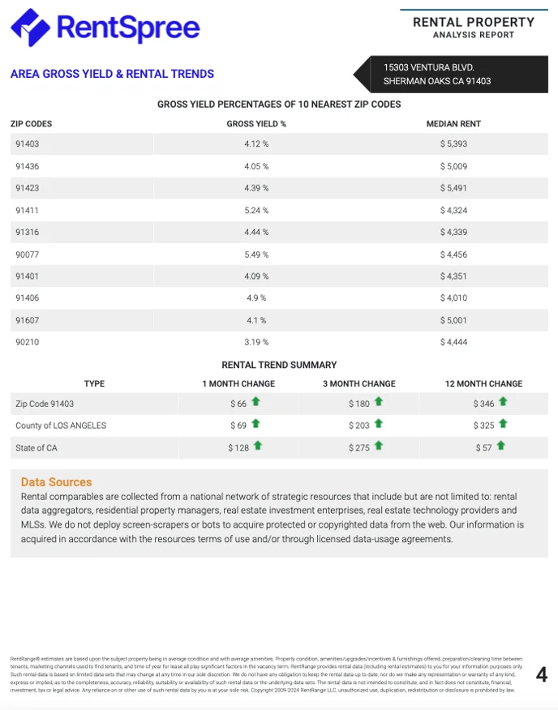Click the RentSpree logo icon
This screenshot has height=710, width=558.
point(29,27)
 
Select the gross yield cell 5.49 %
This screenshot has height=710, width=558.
point(256,254)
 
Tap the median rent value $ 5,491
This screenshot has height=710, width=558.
point(453,188)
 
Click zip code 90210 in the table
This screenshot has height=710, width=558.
point(27,342)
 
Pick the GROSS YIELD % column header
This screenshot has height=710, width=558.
point(256,124)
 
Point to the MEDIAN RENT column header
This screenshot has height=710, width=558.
point(453,124)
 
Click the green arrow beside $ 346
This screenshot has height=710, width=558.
point(503,402)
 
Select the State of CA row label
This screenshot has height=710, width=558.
point(36,447)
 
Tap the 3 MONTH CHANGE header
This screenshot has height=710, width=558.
point(359,384)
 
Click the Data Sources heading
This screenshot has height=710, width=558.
point(57,482)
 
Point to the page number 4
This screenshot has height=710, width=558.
point(542,675)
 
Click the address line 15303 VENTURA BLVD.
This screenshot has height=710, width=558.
point(429,67)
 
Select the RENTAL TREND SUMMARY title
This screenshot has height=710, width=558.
point(279,365)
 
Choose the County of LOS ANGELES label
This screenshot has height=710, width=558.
point(61,426)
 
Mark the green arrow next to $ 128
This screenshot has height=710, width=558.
point(258,446)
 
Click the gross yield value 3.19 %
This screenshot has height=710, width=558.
point(256,342)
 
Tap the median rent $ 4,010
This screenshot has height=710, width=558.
point(453,298)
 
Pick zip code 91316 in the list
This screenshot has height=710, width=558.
point(27,233)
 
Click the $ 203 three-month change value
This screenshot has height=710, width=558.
point(358,426)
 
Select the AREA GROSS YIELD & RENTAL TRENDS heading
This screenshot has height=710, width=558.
point(112,74)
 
